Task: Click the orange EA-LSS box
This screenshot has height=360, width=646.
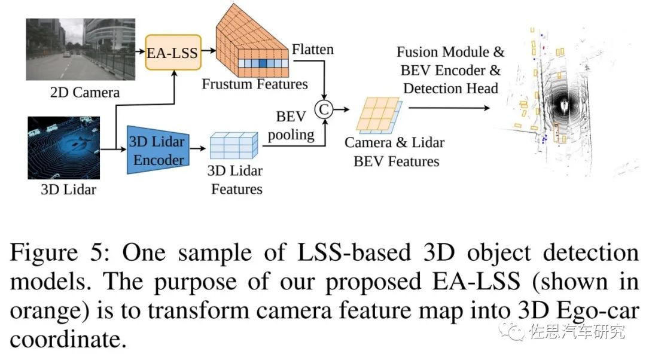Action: point(172,53)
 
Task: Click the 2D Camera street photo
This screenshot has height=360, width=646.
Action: point(80,49)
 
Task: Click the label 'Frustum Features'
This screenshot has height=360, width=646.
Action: point(255,84)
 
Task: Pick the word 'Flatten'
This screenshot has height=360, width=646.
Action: point(313,48)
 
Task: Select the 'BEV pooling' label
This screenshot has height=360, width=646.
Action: point(291,125)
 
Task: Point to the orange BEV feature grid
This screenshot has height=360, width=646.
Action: point(377,115)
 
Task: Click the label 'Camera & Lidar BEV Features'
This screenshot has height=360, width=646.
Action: point(394,152)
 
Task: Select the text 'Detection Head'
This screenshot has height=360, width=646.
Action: point(450,89)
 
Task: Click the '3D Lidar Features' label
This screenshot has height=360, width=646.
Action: point(235,180)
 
